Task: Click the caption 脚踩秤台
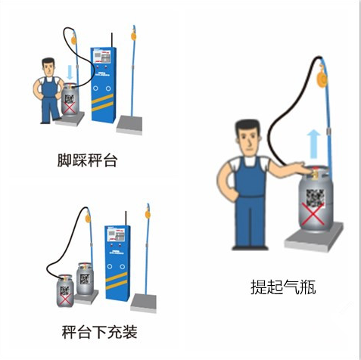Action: click(87, 160)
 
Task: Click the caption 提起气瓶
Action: click(283, 287)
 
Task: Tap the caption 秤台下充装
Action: click(100, 332)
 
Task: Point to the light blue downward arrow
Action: click(70, 72)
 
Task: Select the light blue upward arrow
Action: click(313, 144)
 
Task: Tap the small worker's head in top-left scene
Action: click(48, 67)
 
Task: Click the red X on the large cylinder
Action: click(313, 214)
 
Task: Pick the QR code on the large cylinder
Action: click(315, 198)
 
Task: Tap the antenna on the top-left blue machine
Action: click(111, 40)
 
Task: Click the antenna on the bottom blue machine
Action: click(126, 219)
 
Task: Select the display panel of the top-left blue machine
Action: click(102, 57)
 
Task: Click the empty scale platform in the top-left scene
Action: click(129, 124)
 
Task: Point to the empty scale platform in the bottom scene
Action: click(144, 303)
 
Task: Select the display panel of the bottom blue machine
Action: click(116, 235)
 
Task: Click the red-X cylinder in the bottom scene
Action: click(65, 290)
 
